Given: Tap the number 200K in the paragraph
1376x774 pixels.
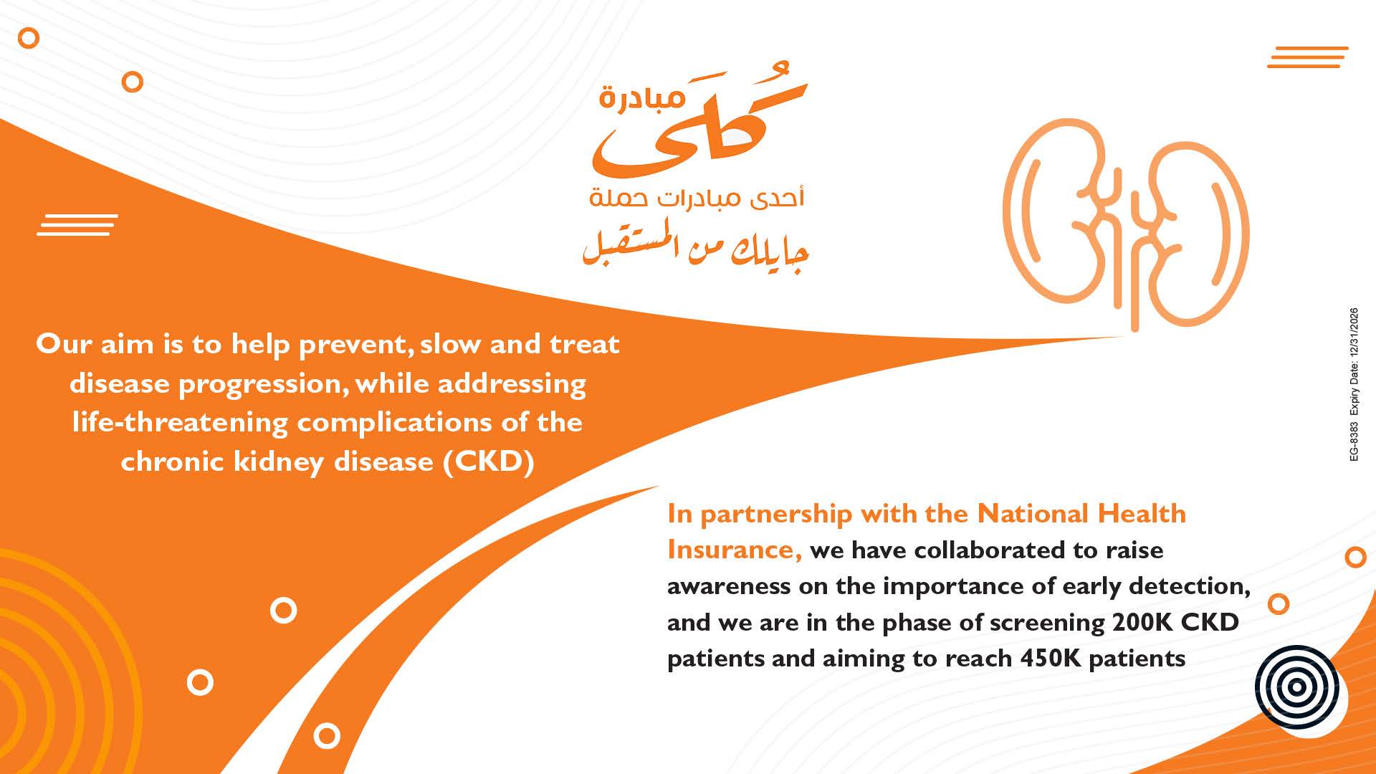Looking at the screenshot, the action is [1142, 622].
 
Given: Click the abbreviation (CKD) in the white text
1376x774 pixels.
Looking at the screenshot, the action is [489, 462].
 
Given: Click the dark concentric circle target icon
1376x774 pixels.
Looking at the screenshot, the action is [1296, 687].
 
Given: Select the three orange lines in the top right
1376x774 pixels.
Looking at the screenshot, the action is [1307, 57].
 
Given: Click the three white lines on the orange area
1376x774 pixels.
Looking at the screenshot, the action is [77, 225].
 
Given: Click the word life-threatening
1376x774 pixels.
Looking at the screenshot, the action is [181, 422].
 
